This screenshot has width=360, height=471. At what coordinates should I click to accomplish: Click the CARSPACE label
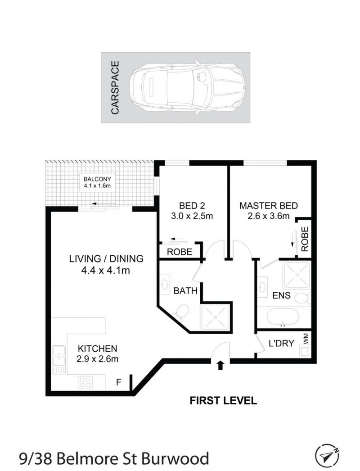(x=115, y=87)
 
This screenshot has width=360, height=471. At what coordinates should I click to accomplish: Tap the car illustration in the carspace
(x=187, y=87)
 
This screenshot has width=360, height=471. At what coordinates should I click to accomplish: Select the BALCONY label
(x=97, y=179)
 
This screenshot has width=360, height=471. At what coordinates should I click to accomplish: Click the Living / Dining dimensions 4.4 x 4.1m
(x=105, y=271)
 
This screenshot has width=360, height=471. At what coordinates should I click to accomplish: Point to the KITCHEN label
(x=97, y=349)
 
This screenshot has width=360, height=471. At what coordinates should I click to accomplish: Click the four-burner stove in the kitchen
(x=85, y=382)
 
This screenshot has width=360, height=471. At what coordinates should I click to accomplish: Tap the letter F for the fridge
(x=119, y=382)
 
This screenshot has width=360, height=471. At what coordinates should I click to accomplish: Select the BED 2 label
(x=192, y=206)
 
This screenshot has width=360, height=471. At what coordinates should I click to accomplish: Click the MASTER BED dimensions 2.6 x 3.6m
(x=268, y=216)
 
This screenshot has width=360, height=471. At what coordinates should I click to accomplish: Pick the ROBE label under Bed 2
(x=180, y=252)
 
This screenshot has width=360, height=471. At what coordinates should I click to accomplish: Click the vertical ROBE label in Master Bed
(x=305, y=239)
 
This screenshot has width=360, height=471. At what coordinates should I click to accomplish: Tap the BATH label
(x=185, y=291)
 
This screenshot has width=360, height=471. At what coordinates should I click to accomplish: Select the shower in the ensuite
(x=297, y=275)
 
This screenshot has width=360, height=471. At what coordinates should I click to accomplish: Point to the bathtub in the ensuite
(x=283, y=317)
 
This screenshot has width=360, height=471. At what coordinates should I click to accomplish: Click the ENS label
(x=281, y=295)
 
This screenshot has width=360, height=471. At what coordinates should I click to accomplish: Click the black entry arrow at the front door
(x=220, y=365)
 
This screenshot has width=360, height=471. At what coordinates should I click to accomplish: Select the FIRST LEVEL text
(x=223, y=400)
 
